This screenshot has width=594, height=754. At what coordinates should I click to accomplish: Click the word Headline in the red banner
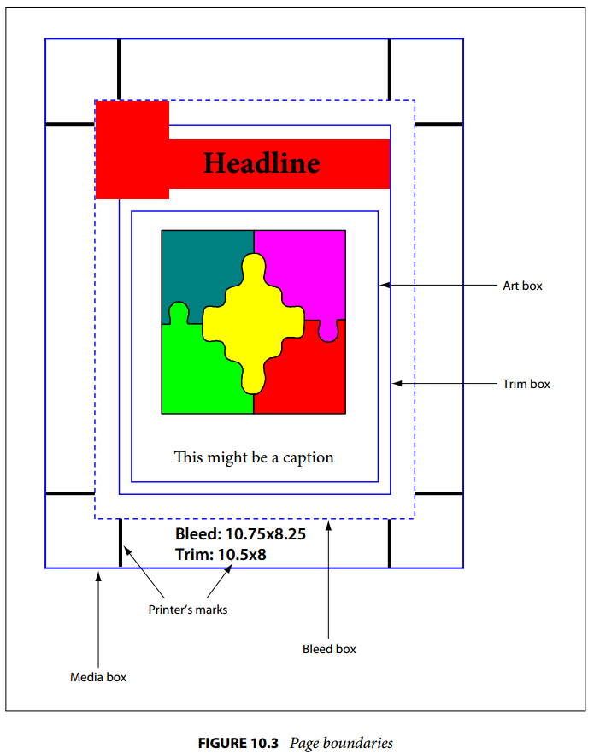click(x=262, y=163)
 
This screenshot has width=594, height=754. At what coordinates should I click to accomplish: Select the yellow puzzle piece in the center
click(x=253, y=323)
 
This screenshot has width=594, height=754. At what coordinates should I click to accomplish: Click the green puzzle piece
click(x=197, y=370)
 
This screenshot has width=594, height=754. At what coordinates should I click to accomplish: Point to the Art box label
click(x=522, y=286)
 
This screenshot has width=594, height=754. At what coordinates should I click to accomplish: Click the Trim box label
click(x=526, y=384)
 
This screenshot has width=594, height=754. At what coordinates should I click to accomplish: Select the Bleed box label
click(x=329, y=649)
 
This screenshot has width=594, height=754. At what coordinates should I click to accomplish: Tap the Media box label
click(x=98, y=677)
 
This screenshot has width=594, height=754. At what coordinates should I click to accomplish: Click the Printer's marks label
click(x=188, y=610)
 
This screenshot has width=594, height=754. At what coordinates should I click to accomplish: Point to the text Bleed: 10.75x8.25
click(x=240, y=533)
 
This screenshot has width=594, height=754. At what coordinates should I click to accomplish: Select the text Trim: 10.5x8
click(x=221, y=555)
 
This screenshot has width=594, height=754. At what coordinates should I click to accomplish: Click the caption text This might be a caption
click(x=254, y=457)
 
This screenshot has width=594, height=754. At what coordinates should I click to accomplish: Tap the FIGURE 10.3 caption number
click(x=238, y=743)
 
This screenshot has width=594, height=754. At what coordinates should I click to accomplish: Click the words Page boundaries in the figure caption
click(x=341, y=744)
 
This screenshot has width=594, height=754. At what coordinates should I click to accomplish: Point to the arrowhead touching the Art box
click(x=384, y=286)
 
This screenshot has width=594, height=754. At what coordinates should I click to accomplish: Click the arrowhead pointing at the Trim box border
click(x=397, y=383)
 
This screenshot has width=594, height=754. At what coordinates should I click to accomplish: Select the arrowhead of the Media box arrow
click(x=98, y=576)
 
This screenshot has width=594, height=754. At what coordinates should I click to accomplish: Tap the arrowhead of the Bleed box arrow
click(x=329, y=526)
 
